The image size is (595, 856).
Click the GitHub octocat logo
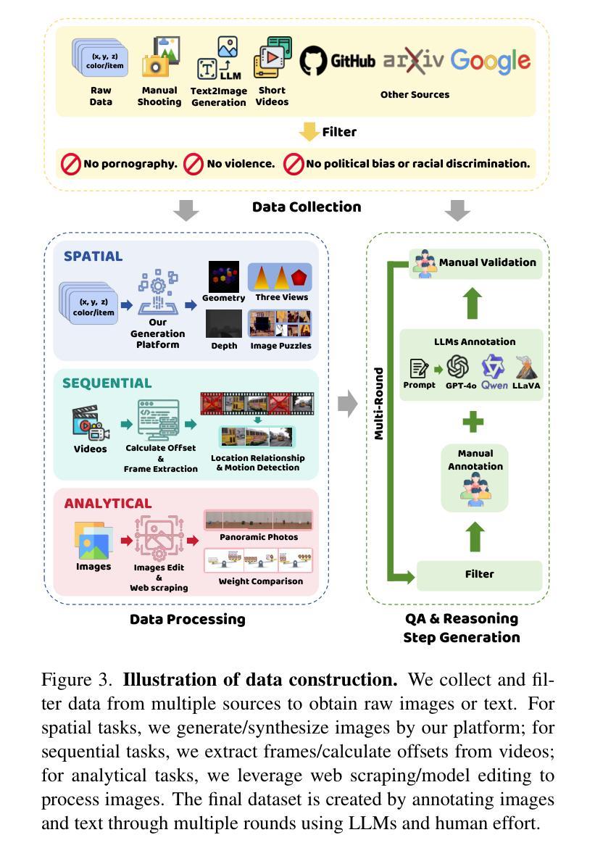[x=314, y=60]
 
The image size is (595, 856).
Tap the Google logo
[x=491, y=61]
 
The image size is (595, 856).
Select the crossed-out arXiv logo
[x=413, y=61]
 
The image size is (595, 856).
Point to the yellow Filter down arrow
[x=309, y=132]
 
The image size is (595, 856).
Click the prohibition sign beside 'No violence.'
[x=193, y=165]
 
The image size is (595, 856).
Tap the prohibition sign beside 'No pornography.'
[x=70, y=165]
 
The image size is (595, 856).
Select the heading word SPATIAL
[x=93, y=256]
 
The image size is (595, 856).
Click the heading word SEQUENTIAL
[x=107, y=383]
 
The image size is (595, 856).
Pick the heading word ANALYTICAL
[x=107, y=503]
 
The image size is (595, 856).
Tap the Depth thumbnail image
[x=223, y=324]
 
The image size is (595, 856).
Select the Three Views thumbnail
[x=280, y=277]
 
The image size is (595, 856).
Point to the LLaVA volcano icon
[x=525, y=367]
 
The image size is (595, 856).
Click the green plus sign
[x=473, y=422]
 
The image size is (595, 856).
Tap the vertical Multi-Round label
[x=378, y=404]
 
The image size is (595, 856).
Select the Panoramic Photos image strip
[x=258, y=520]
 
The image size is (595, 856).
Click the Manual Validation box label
[x=487, y=262]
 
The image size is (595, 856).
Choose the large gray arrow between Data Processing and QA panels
[x=348, y=404]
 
